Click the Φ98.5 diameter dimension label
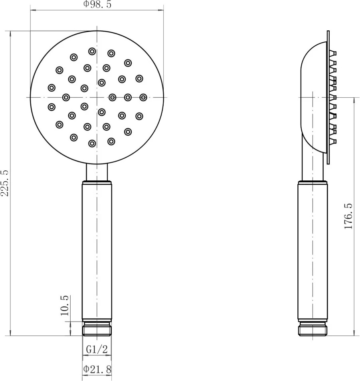click(x=97, y=4)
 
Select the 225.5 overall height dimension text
click(x=5, y=183)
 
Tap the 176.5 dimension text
click(x=348, y=216)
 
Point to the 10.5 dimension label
click(x=65, y=306)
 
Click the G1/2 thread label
click(x=97, y=349)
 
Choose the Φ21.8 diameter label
click(x=97, y=369)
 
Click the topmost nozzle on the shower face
click(x=92, y=51)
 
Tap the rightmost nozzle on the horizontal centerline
click(x=143, y=97)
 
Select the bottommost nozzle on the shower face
click(x=92, y=143)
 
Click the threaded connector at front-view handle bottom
click(x=97, y=328)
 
